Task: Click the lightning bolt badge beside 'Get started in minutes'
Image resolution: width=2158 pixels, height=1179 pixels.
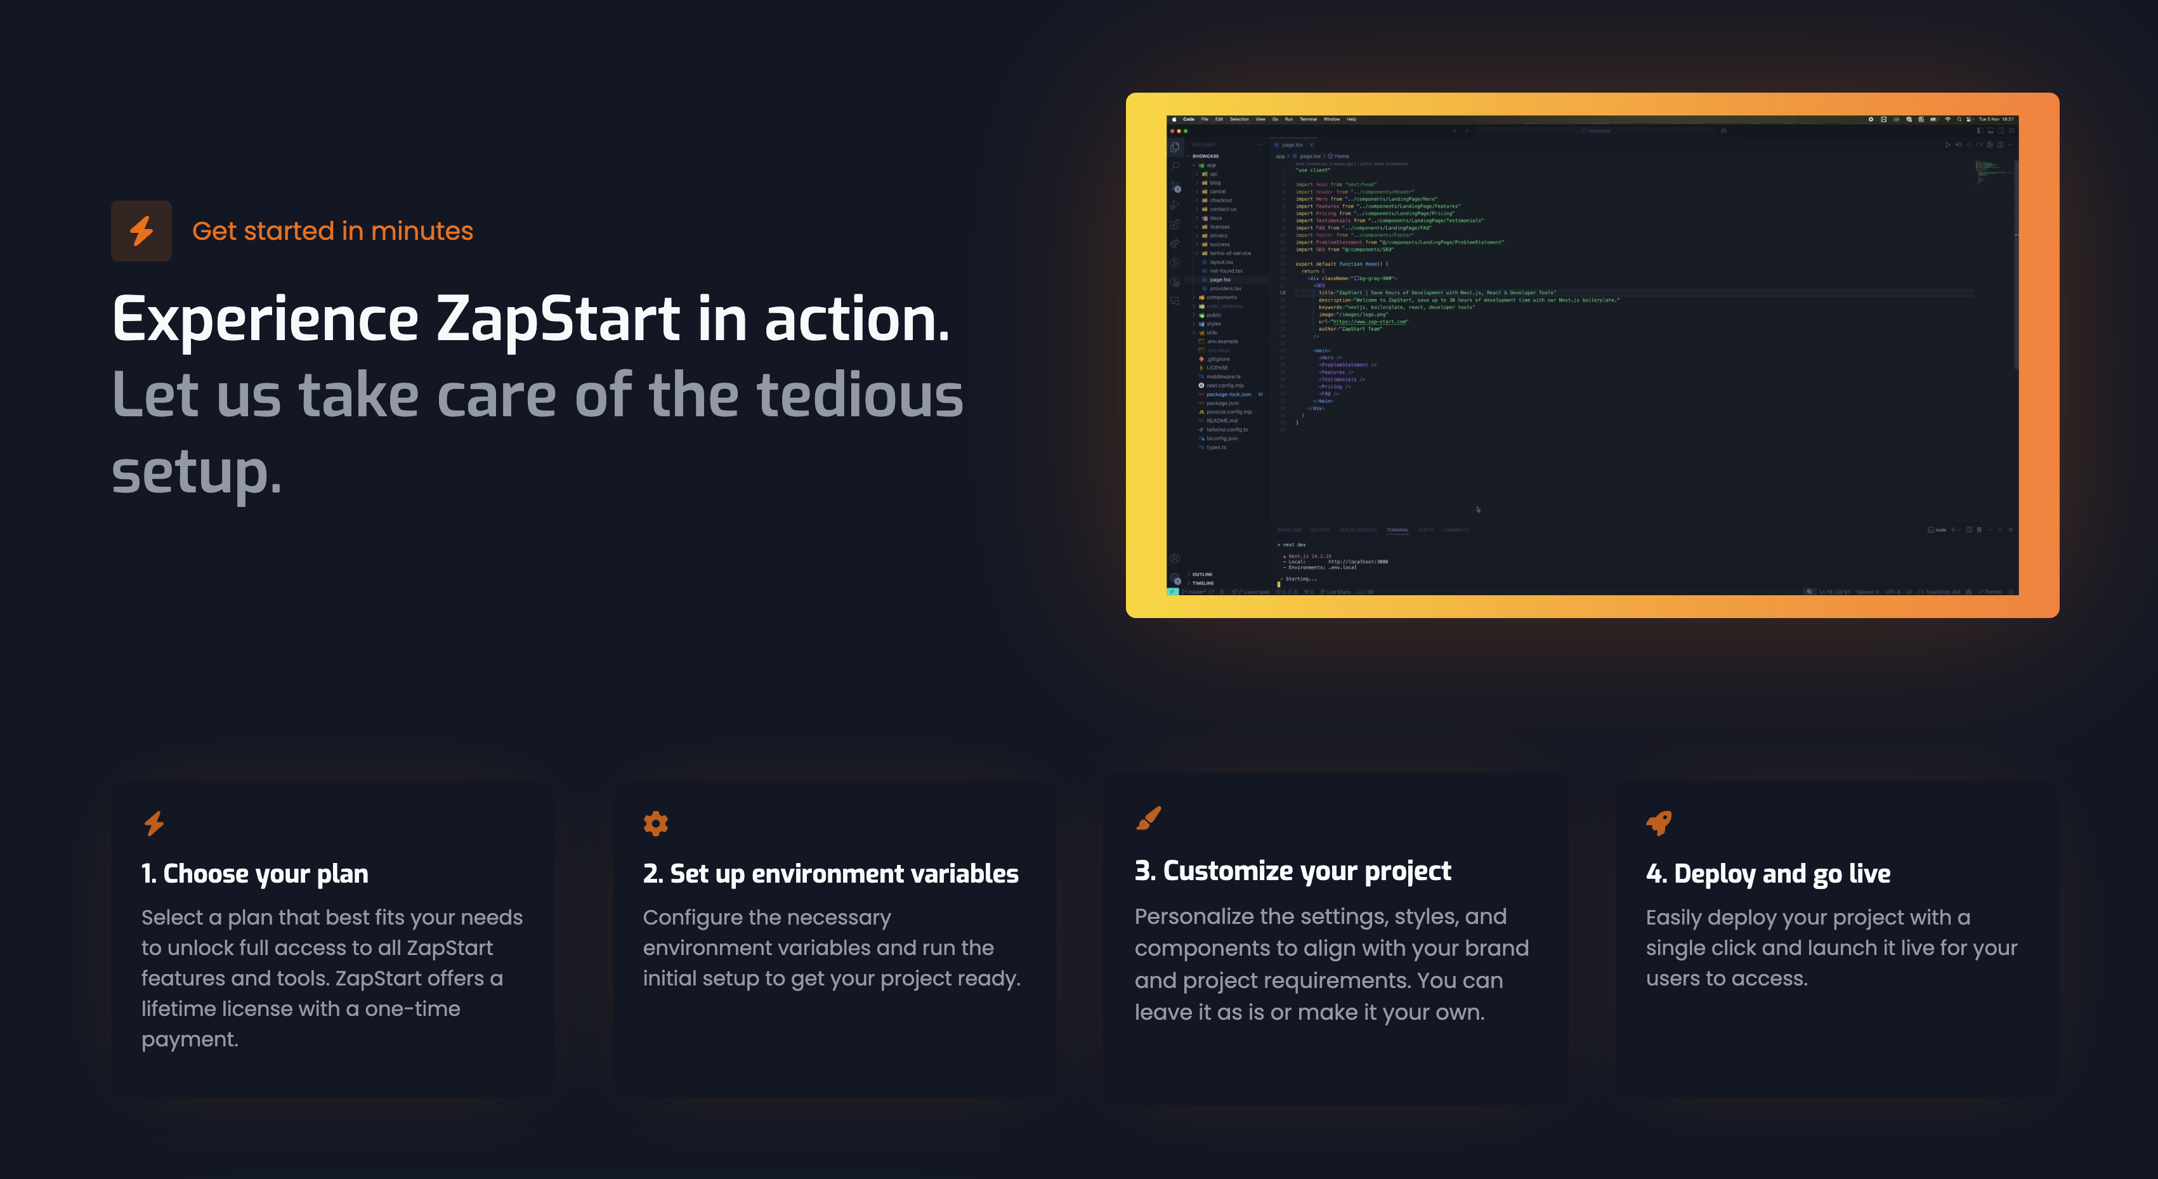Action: point(141,230)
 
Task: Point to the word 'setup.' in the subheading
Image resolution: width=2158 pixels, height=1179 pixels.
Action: point(196,471)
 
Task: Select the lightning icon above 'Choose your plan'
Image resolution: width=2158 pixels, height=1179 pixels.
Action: point(154,823)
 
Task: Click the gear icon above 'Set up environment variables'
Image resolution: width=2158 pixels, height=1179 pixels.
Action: point(655,823)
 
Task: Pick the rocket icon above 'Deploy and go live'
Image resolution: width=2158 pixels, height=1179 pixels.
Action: point(1658,823)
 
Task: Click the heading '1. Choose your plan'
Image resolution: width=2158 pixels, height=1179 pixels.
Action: point(254,873)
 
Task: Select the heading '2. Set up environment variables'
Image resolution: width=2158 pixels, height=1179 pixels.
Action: point(830,873)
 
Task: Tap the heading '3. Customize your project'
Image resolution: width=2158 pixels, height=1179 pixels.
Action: point(1293,871)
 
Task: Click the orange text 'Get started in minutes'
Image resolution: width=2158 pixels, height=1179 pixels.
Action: point(332,230)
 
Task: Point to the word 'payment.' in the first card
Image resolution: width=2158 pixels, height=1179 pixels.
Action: point(189,1039)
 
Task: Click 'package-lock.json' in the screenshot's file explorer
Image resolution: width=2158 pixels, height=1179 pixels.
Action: point(1228,394)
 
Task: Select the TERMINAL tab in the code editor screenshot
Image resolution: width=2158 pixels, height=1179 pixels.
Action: point(1397,530)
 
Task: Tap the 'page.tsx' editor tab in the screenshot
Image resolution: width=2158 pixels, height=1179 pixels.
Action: point(1292,145)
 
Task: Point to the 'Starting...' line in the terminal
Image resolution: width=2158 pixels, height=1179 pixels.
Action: point(1301,578)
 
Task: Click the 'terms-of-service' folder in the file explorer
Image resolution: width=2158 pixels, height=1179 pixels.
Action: point(1230,253)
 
